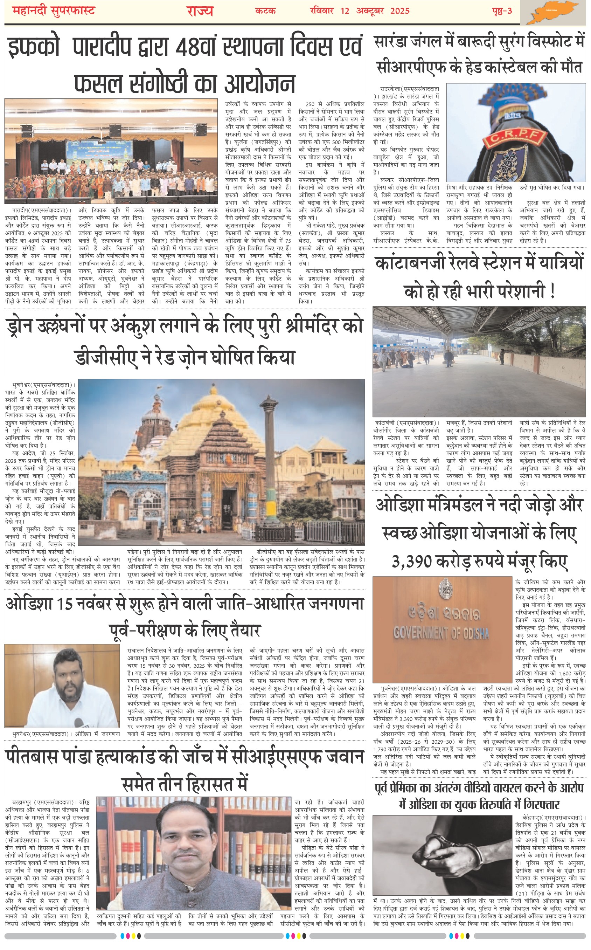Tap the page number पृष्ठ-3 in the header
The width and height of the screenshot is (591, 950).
pos(502,11)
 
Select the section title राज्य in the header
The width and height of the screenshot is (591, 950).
pos(199,11)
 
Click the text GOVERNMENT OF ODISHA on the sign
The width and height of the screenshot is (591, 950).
pos(441,633)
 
